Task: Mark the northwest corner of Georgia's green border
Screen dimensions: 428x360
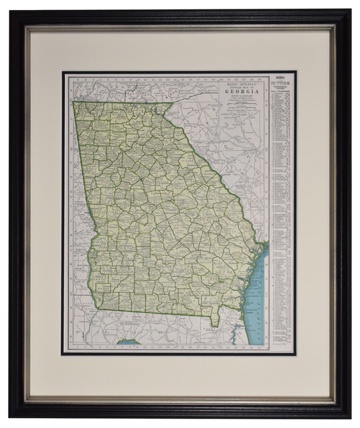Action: pos(73,102)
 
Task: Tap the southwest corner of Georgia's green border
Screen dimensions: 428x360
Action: pos(102,309)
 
